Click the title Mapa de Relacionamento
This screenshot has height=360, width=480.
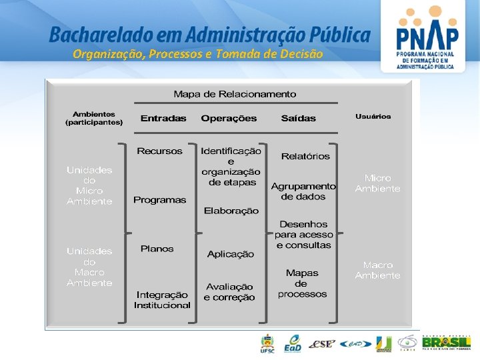235,94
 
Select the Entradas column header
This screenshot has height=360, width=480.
163,118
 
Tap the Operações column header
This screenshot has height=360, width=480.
229,118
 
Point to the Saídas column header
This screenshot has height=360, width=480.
299,118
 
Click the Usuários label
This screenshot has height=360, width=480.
373,116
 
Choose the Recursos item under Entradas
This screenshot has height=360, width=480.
159,151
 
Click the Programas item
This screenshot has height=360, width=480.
160,200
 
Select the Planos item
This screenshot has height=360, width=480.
157,249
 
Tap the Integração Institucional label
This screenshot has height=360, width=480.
162,300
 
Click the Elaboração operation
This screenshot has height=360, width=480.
231,211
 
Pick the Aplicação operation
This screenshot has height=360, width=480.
231,254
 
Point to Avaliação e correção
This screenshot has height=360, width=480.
229,292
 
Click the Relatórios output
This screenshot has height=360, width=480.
305,156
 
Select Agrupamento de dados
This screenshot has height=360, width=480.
303,191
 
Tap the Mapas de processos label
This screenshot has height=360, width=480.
302,283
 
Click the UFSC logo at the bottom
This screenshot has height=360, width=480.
267,343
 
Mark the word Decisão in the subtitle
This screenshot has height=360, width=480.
303,54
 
